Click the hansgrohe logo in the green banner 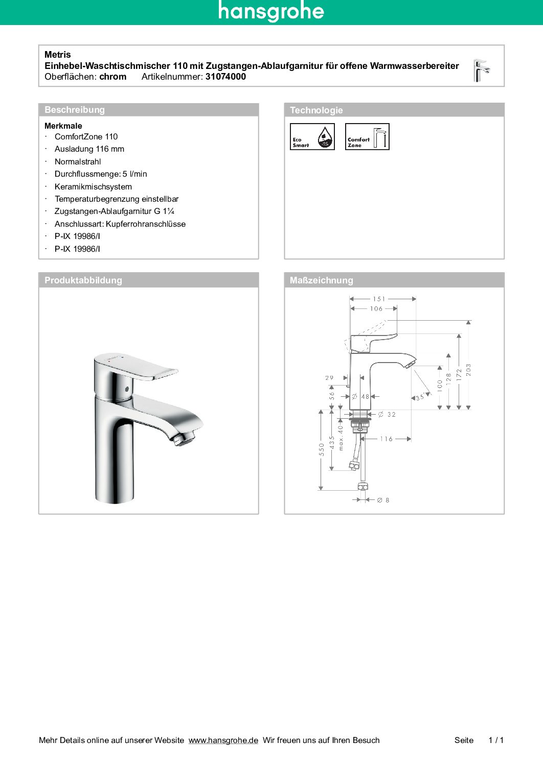[x=271, y=11]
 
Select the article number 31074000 [x=225, y=77]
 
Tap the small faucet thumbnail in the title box [x=481, y=70]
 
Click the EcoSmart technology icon [x=312, y=137]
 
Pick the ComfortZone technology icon [x=367, y=137]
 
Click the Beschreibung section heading [x=75, y=110]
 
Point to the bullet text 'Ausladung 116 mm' [x=89, y=149]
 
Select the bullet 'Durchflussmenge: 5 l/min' [x=101, y=174]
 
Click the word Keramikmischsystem [x=93, y=187]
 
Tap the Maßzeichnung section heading [x=321, y=280]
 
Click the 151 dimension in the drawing [x=379, y=299]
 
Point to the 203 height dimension [x=468, y=370]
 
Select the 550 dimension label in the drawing [x=322, y=449]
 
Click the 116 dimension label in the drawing [x=386, y=439]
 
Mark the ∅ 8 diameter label [x=383, y=500]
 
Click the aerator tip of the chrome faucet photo [x=184, y=438]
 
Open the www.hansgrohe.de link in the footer [x=223, y=740]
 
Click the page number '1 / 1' [x=496, y=740]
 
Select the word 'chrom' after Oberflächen [x=112, y=77]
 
